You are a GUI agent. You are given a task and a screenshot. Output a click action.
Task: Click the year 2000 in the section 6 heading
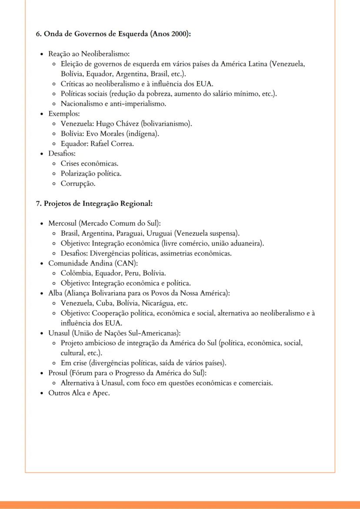pyautogui.click(x=180, y=34)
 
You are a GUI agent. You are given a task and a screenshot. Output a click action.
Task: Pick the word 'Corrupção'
pyautogui.click(x=78, y=183)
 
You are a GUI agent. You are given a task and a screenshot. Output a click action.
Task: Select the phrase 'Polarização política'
pyautogui.click(x=91, y=173)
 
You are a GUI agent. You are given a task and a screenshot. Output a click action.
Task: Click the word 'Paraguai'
pyautogui.click(x=130, y=233)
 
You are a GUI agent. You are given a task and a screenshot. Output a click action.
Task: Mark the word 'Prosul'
pyautogui.click(x=58, y=373)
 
